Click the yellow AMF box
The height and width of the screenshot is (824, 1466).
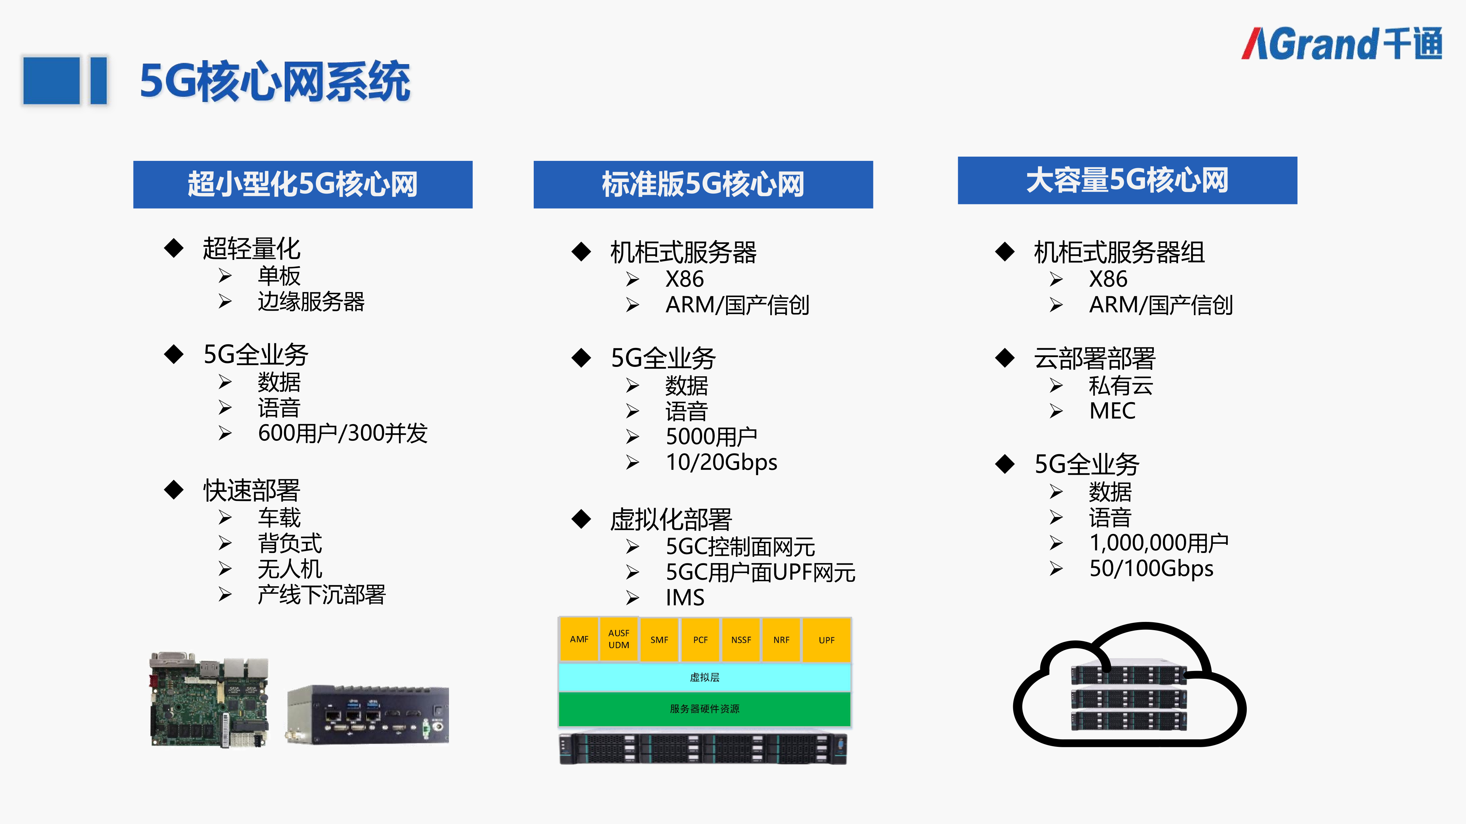click(x=579, y=639)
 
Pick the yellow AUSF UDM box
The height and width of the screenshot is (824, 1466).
click(x=618, y=639)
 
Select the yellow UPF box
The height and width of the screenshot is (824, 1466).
click(x=826, y=640)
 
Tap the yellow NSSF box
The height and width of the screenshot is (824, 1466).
click(x=741, y=640)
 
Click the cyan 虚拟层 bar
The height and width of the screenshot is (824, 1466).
click(x=705, y=677)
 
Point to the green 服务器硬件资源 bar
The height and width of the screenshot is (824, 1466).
click(x=705, y=709)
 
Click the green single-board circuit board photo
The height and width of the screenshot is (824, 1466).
click(x=209, y=699)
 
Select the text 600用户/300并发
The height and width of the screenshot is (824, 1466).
click(x=343, y=433)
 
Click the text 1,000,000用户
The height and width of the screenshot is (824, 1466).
click(x=1159, y=543)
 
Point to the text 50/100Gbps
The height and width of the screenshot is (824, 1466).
click(x=1151, y=568)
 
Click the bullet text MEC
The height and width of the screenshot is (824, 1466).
click(x=1112, y=411)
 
